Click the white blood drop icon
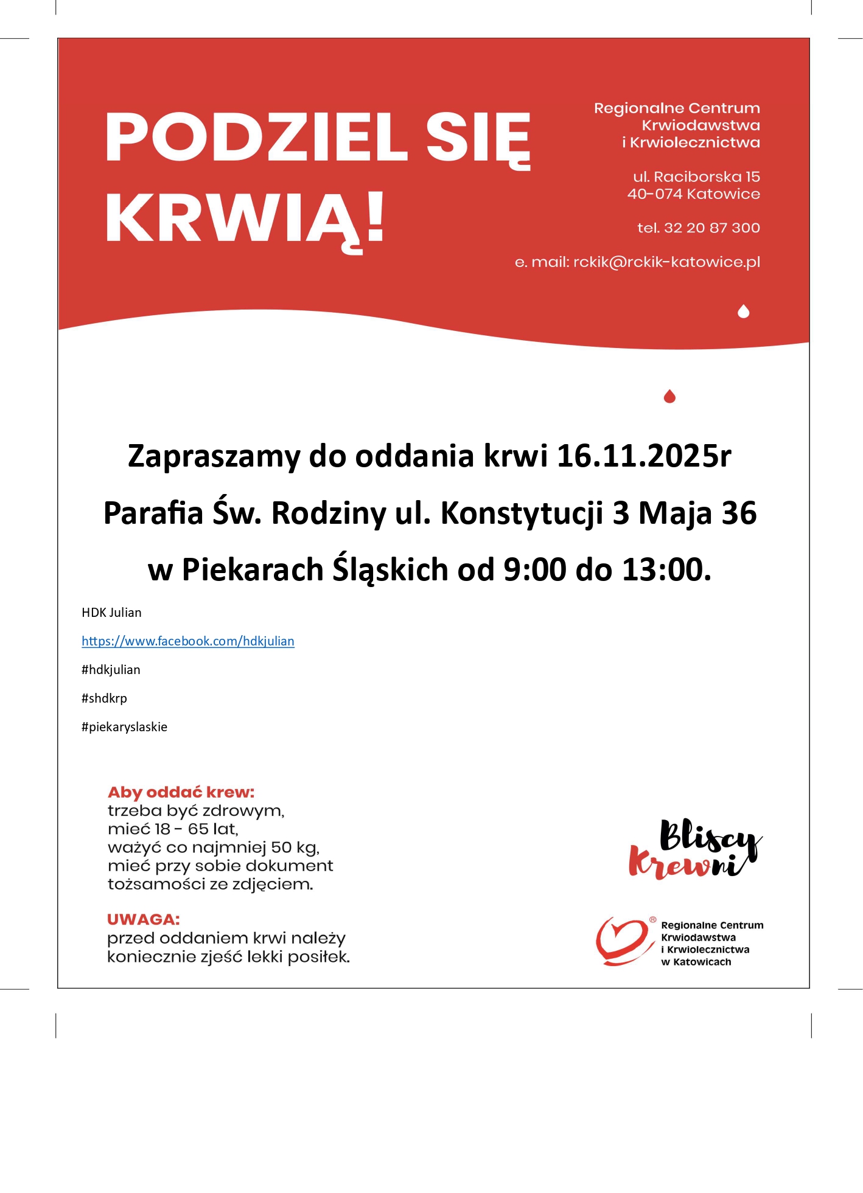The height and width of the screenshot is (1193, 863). tap(743, 311)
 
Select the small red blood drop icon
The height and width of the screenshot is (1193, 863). tap(669, 397)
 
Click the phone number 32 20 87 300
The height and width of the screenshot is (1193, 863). tap(711, 228)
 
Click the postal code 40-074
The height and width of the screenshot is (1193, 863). tap(655, 194)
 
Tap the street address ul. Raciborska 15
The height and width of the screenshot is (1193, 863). tap(696, 177)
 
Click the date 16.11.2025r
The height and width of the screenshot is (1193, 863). tap(644, 456)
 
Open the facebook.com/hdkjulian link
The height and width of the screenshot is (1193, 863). tap(188, 641)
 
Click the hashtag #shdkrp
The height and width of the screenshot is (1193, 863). tap(104, 698)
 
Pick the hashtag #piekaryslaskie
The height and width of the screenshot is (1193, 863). tap(124, 727)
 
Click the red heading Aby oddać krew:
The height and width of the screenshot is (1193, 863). tap(181, 792)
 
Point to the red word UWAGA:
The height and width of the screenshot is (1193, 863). tap(144, 919)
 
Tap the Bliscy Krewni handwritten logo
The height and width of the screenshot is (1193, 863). tap(694, 849)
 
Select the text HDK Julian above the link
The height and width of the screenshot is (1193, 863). tap(111, 613)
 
